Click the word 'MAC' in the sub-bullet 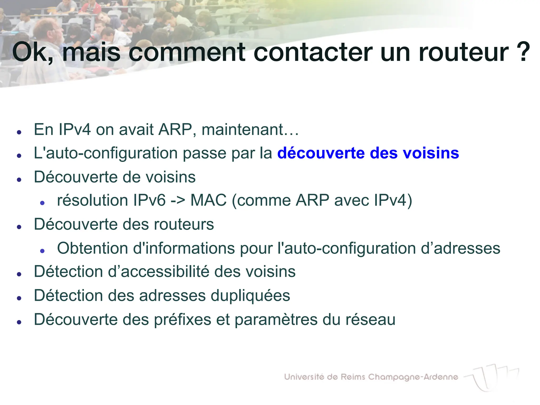[x=208, y=200]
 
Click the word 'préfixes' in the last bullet [x=182, y=320]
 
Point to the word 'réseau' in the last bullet [x=370, y=319]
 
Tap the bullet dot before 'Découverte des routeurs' [x=19, y=227]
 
